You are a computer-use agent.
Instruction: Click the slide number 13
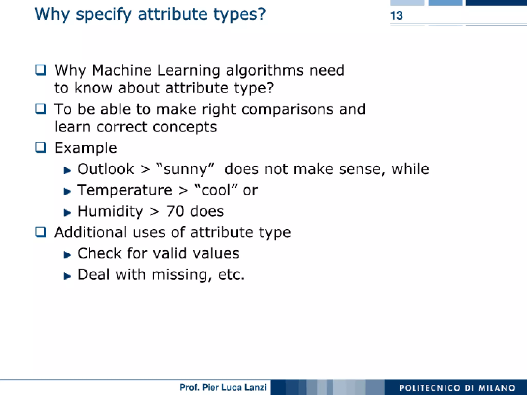[396, 16]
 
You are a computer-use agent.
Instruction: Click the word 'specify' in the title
[103, 14]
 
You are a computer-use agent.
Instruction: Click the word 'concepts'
[185, 127]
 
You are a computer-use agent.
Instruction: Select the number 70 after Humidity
[175, 211]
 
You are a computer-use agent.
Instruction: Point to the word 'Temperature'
[125, 191]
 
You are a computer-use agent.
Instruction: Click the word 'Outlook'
[106, 169]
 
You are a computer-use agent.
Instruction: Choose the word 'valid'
[170, 253]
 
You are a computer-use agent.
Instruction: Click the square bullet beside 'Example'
[41, 148]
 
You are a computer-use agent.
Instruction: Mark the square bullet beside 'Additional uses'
[41, 232]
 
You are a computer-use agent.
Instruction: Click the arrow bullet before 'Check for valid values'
[67, 255]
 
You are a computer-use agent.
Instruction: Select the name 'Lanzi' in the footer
[255, 387]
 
